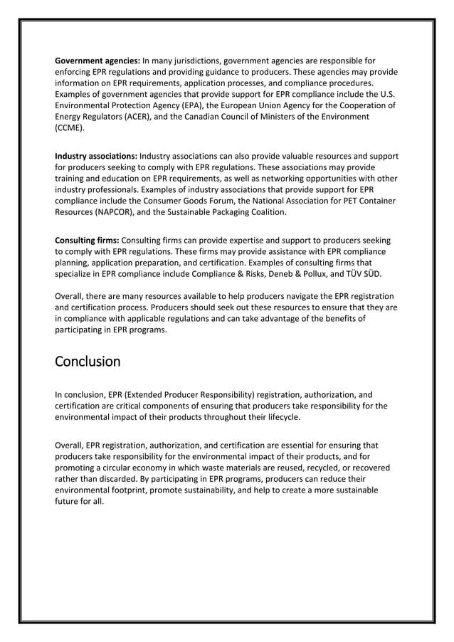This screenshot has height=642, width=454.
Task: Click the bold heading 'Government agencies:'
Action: [97, 60]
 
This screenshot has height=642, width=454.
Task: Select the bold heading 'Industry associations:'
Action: [96, 156]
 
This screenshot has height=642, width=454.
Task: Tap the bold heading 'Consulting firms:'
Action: [88, 241]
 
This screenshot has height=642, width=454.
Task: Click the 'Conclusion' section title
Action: [88, 362]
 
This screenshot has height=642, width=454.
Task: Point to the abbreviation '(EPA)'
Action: [181, 105]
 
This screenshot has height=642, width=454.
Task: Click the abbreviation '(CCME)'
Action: [70, 128]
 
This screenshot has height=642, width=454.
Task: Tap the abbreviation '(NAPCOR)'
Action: [116, 212]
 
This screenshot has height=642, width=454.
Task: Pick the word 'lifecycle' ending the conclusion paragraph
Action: [280, 417]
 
